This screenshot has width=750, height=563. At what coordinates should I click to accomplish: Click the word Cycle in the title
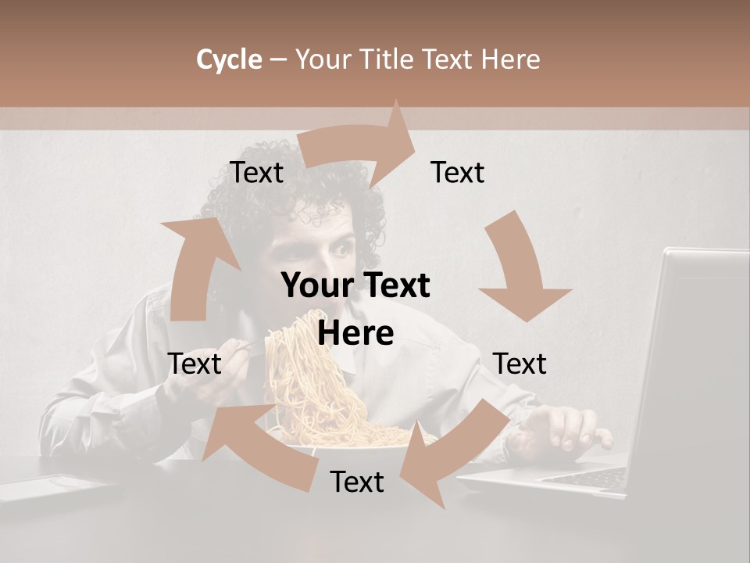[229, 59]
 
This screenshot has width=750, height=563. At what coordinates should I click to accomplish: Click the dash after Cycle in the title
[278, 59]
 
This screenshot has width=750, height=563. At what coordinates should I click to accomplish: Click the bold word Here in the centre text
[355, 334]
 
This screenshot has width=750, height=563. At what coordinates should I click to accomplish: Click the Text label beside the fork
[195, 364]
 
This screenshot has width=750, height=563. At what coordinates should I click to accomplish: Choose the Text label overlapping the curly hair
[256, 172]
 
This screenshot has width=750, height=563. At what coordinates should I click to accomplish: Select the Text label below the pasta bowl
[357, 482]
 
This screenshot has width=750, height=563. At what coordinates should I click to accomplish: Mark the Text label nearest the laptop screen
[520, 364]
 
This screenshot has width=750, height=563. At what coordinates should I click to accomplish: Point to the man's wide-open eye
[342, 249]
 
